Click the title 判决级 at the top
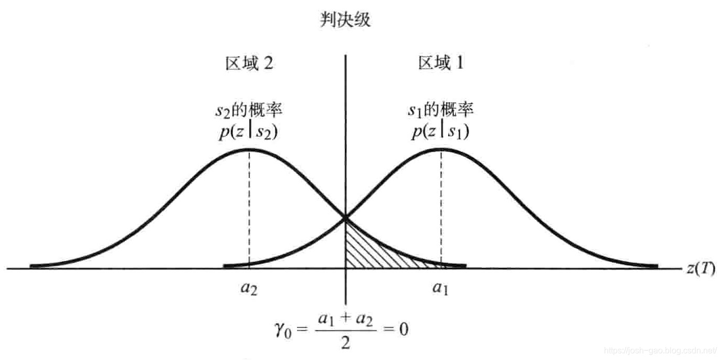(x=345, y=20)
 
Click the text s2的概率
(x=249, y=112)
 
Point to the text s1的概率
(x=441, y=112)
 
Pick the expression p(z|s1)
(x=441, y=131)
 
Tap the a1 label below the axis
(x=441, y=289)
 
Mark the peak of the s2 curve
(x=249, y=150)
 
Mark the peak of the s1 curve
(x=441, y=150)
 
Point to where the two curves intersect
(x=345, y=216)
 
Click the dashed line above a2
(x=249, y=210)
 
